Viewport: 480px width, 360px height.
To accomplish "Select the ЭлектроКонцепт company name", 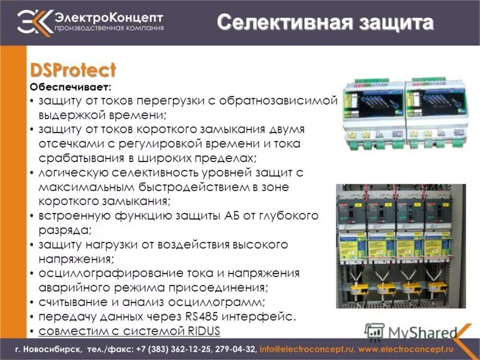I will [109, 16].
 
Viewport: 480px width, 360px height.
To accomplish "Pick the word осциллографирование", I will [104, 274].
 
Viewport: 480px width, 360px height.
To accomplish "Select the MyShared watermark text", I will [421, 331].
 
